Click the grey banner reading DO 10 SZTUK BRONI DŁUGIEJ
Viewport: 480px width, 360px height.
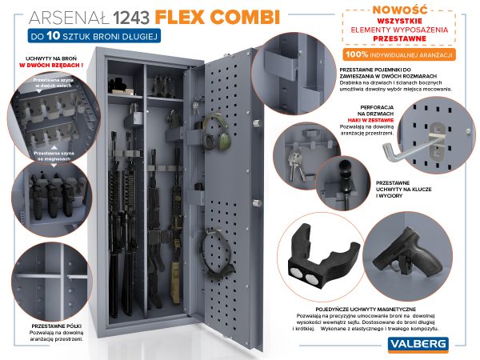(95, 36)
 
